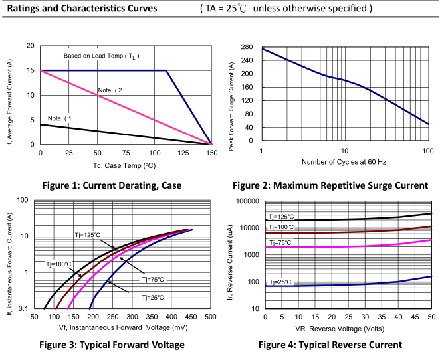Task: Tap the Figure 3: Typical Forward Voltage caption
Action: tap(111, 344)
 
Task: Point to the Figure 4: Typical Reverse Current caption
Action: tap(330, 344)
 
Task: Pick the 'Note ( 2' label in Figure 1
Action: tap(111, 90)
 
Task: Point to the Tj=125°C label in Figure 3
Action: tap(87, 235)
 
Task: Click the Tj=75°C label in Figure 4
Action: tap(279, 244)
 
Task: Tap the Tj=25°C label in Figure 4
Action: tap(279, 282)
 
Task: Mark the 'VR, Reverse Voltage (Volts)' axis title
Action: tap(348, 328)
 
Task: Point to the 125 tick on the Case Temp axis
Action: tap(183, 153)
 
